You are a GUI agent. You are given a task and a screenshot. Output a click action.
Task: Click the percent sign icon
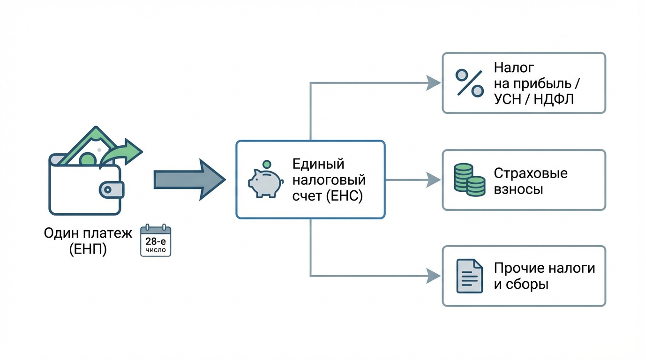click(469, 83)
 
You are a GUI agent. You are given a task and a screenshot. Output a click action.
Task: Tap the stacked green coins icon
click(469, 180)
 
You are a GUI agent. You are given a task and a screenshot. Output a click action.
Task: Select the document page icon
click(469, 276)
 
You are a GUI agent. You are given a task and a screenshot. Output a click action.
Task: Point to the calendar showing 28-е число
click(156, 240)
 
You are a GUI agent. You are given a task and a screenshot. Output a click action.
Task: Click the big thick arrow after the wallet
click(189, 180)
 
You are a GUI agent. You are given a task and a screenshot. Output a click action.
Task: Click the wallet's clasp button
click(111, 190)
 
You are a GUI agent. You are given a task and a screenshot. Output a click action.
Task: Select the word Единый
click(318, 164)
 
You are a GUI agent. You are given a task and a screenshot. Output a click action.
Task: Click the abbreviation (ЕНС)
click(344, 196)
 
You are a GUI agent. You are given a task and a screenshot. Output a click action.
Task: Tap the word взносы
click(518, 189)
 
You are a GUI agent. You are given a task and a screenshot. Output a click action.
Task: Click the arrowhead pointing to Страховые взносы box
click(434, 180)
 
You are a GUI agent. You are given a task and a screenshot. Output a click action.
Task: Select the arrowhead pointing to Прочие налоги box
click(434, 276)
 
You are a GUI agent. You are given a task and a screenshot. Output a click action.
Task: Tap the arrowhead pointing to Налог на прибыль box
click(434, 83)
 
